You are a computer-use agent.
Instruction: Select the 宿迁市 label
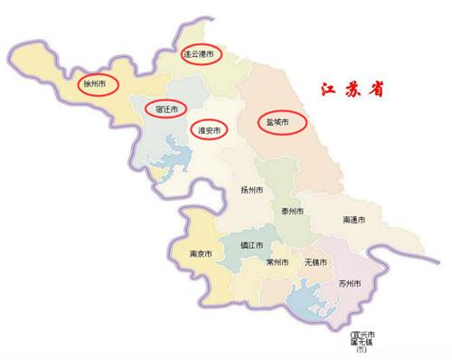click(x=167, y=108)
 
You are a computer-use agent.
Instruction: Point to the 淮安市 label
click(x=210, y=130)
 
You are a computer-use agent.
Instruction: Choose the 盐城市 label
click(x=278, y=121)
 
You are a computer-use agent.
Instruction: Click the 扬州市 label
click(x=252, y=190)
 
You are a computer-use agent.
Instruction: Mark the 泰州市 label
click(x=292, y=211)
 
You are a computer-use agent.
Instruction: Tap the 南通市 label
click(x=354, y=219)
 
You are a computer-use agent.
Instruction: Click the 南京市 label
click(x=201, y=254)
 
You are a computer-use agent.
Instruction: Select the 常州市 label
click(x=278, y=262)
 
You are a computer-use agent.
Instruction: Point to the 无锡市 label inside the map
click(x=315, y=262)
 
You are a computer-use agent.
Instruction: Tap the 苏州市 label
click(x=349, y=284)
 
